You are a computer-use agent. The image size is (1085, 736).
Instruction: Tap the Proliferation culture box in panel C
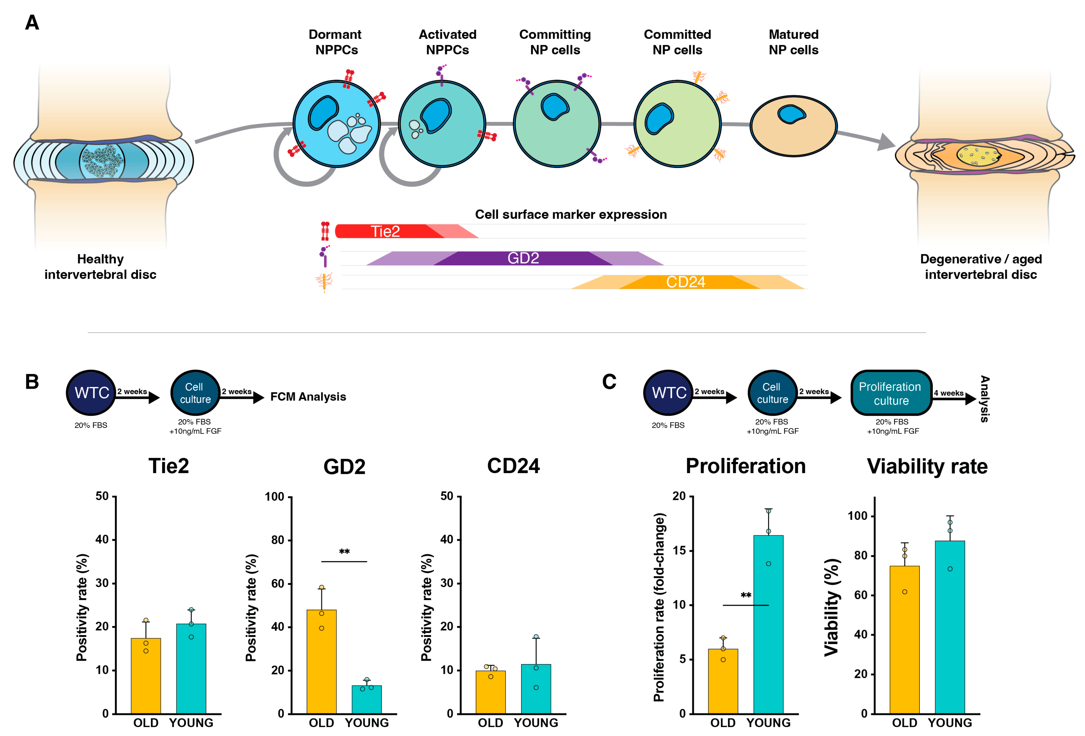point(891,393)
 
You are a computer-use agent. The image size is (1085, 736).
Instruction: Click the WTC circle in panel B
point(91,393)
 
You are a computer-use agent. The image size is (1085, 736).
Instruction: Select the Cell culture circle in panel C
point(772,393)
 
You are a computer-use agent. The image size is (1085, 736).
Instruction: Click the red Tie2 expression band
point(387,231)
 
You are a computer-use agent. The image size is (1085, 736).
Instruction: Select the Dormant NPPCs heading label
point(335,42)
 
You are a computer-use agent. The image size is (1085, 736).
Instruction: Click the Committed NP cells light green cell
point(677,124)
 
